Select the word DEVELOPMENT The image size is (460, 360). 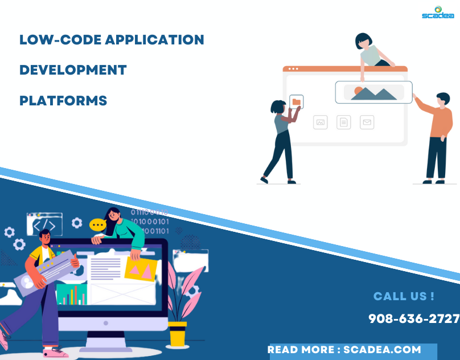pyautogui.click(x=73, y=70)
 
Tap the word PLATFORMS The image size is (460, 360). pyautogui.click(x=63, y=101)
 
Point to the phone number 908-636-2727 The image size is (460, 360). pyautogui.click(x=414, y=319)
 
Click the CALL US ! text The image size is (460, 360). pyautogui.click(x=404, y=296)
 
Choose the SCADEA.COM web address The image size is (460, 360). pyautogui.click(x=383, y=350)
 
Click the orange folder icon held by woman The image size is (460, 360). pyautogui.click(x=296, y=102)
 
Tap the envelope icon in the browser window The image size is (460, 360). pyautogui.click(x=367, y=122)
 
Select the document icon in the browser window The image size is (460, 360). pyautogui.click(x=344, y=122)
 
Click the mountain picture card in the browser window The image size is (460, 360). pyautogui.click(x=373, y=92)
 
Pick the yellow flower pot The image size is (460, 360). pyautogui.click(x=178, y=334)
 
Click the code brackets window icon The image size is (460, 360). pyautogui.click(x=44, y=223)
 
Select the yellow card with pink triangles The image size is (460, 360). pyautogui.click(x=141, y=269)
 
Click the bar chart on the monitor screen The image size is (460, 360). pyautogui.click(x=72, y=294)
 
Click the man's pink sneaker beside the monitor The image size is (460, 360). pyautogui.click(x=55, y=353)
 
